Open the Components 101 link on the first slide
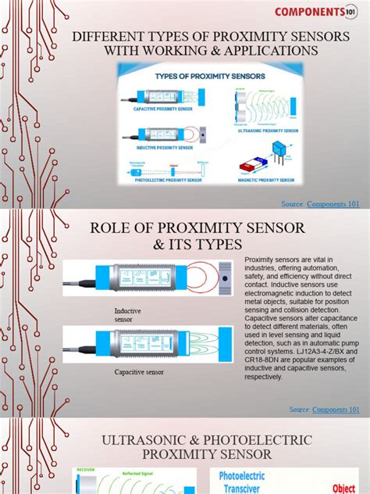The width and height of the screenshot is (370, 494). (x=337, y=204)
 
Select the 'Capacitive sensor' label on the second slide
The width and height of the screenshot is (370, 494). (x=143, y=372)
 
